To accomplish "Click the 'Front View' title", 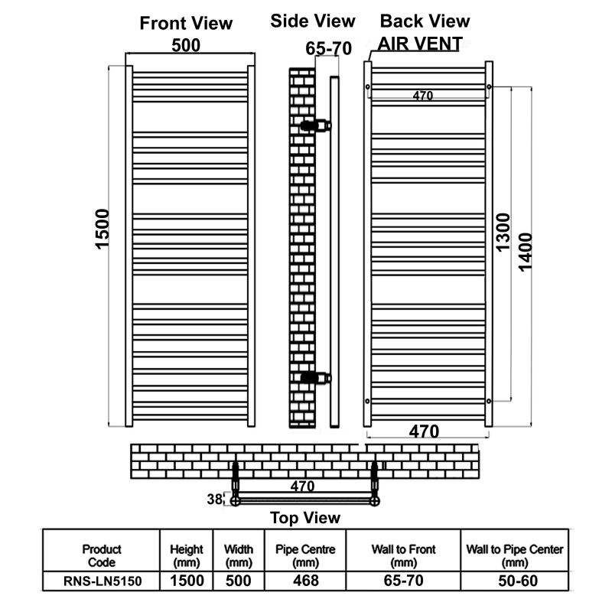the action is tap(186, 24).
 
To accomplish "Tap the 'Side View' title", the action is tap(313, 21).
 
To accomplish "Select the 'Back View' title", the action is tap(425, 21).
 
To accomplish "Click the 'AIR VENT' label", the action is tap(420, 44).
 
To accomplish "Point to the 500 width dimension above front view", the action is tap(186, 45).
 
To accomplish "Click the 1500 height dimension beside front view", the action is tap(103, 229).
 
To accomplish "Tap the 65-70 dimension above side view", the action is tap(329, 48).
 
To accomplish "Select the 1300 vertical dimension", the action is tap(503, 233).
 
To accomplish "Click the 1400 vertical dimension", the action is tap(526, 252).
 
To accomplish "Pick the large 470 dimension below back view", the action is tap(425, 431).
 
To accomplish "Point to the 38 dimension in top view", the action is tap(215, 500).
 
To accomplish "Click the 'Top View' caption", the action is tap(305, 518).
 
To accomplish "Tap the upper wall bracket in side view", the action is tap(316, 125).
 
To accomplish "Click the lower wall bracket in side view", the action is tap(316, 378).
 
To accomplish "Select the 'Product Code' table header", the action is tap(102, 556).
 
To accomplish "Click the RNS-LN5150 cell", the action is tap(103, 581).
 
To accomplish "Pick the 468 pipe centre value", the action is tap(305, 581).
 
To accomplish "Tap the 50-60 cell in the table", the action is tap(518, 581).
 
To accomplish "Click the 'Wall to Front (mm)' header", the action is tap(403, 556).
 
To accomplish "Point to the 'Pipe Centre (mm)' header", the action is tap(305, 556).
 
